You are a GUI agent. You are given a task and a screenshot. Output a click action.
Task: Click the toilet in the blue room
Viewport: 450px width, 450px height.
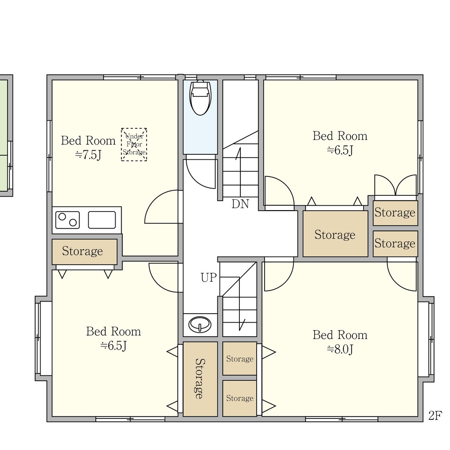[200, 98]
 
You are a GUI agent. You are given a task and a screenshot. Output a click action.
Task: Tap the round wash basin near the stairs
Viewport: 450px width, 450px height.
[200, 324]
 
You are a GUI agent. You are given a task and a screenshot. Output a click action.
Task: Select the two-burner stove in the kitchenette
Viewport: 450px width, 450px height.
[67, 220]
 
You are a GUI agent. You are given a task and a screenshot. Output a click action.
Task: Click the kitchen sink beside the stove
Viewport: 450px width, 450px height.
[102, 220]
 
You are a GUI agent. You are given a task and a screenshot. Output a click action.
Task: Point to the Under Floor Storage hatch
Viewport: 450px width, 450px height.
[134, 144]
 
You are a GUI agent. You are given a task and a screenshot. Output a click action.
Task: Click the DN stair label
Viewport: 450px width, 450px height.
[240, 204]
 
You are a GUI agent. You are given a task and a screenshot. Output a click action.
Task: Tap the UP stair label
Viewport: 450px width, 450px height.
[208, 278]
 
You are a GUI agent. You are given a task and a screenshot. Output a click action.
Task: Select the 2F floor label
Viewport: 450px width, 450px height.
[435, 415]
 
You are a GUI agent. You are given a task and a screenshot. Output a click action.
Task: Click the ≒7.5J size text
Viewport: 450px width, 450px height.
[88, 155]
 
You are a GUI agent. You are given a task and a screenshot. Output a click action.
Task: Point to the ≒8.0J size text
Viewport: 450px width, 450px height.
[340, 350]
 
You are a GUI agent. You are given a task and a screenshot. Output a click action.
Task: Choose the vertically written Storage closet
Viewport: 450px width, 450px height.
[200, 379]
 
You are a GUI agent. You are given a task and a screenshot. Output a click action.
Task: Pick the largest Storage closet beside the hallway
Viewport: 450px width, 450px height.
[335, 234]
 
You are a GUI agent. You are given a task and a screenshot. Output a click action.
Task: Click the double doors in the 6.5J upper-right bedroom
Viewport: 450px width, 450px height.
[396, 185]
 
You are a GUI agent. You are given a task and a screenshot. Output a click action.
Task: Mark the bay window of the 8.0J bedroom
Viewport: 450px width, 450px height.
[426, 339]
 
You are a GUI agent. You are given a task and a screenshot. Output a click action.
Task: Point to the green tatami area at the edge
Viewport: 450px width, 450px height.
[4, 135]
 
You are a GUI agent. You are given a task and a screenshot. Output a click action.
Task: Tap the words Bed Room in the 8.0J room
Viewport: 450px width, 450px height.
[340, 335]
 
